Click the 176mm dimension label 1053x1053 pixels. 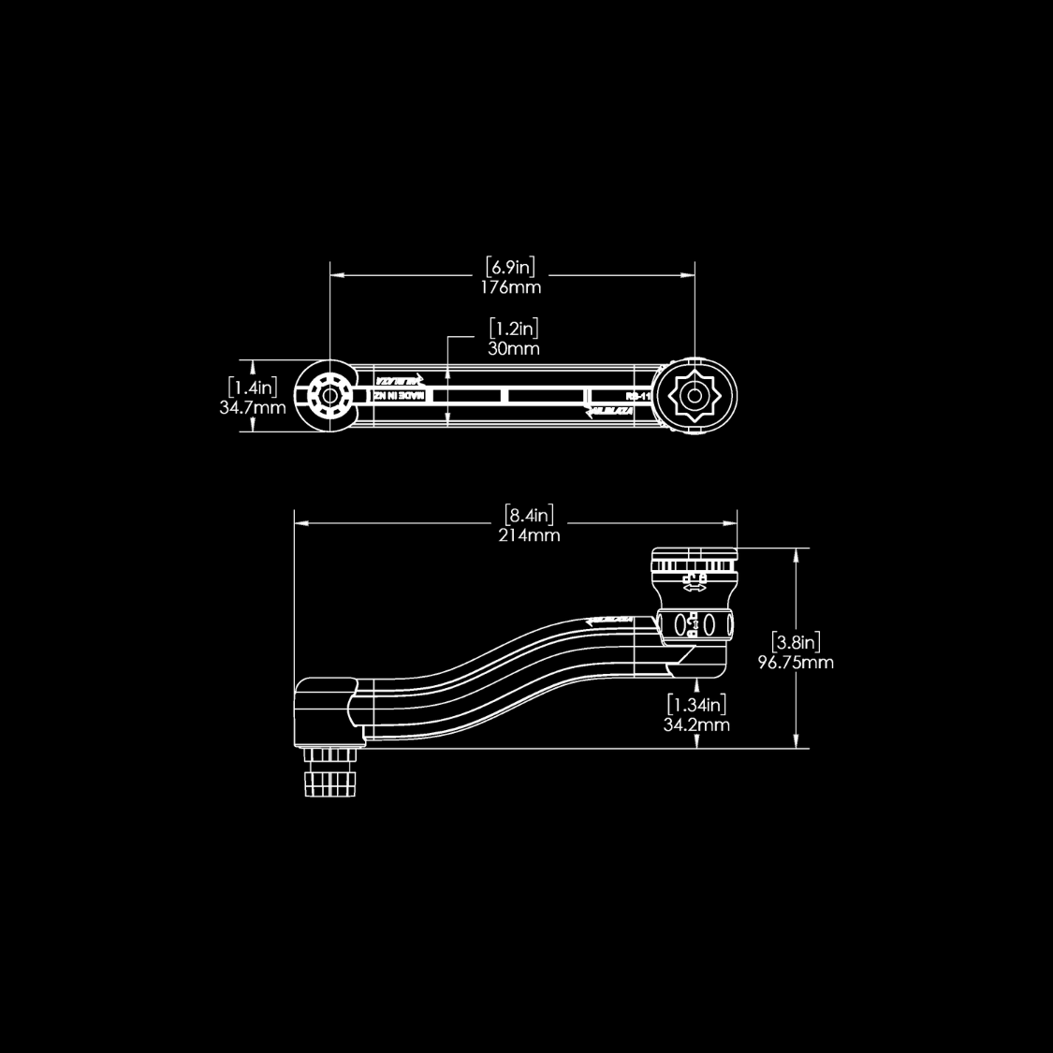tap(511, 287)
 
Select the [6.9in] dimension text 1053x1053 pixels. tap(511, 267)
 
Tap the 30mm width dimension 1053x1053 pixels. tap(514, 348)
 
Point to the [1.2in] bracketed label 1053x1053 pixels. tap(514, 329)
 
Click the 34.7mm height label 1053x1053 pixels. tap(253, 408)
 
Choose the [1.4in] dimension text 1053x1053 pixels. tap(253, 387)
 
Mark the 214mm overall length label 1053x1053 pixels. tap(529, 535)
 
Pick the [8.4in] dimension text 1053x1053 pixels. tap(529, 515)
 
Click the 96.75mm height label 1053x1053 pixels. tap(796, 663)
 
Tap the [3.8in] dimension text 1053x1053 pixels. tap(797, 642)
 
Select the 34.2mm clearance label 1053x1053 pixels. tap(696, 724)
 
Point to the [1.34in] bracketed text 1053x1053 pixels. tap(696, 704)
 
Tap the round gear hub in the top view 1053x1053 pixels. tap(328, 396)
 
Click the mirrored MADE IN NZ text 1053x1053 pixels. tap(399, 396)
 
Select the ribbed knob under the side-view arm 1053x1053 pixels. tap(330, 773)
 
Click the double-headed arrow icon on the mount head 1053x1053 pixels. tap(694, 588)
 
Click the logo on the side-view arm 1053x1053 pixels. tap(609, 620)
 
